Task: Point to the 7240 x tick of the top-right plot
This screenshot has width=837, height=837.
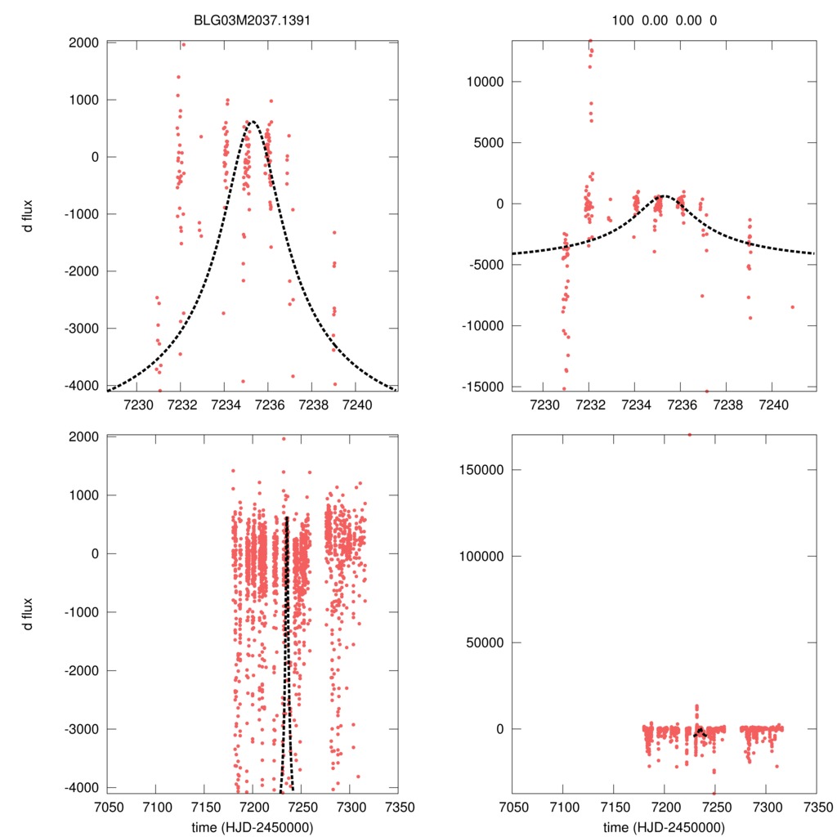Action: pyautogui.click(x=772, y=404)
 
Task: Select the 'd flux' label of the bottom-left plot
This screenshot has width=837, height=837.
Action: pyautogui.click(x=29, y=613)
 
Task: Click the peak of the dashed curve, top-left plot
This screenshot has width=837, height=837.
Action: pyautogui.click(x=252, y=122)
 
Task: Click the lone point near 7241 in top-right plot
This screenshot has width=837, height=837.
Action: pyautogui.click(x=792, y=307)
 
